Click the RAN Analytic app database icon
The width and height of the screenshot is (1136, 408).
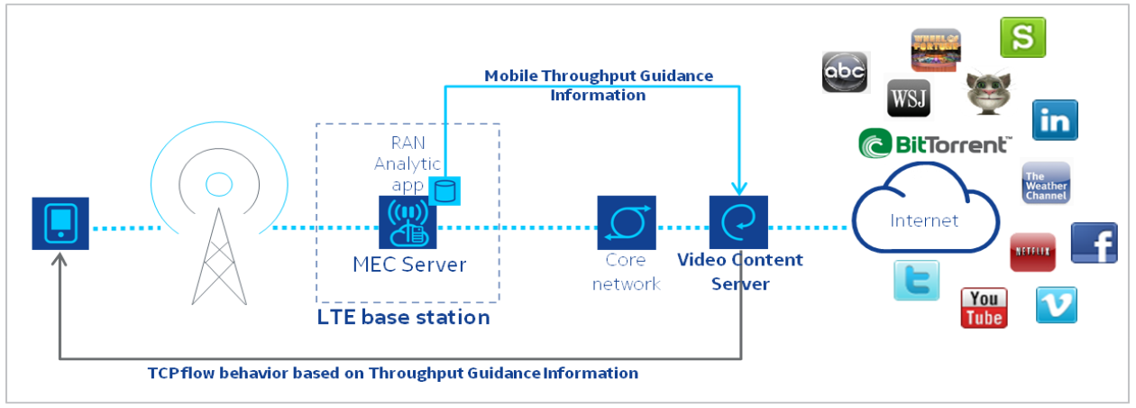click(444, 190)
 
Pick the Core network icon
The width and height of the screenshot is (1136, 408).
click(626, 223)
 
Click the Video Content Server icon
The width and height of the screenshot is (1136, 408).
click(738, 223)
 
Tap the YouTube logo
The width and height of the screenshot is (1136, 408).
click(984, 308)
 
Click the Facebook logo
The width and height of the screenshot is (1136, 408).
click(1094, 243)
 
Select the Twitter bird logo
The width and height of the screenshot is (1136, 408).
click(916, 280)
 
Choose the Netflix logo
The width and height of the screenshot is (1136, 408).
click(1032, 252)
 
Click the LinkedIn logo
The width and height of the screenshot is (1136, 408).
click(1055, 120)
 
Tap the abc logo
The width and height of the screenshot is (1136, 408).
click(845, 72)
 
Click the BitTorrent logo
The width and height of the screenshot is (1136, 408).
click(934, 144)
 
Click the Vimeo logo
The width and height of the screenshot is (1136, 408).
click(1056, 305)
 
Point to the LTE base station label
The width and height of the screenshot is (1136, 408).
click(403, 318)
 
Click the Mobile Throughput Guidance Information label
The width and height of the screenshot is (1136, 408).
click(599, 85)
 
